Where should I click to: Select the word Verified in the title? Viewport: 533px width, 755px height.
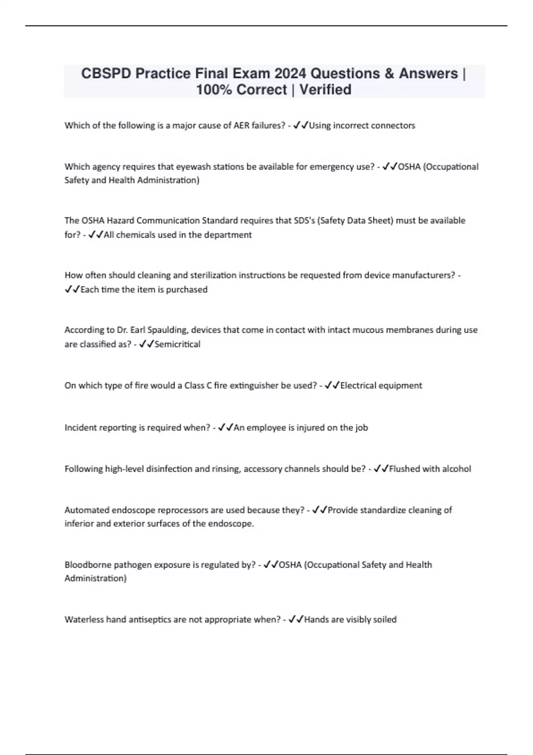[x=325, y=90]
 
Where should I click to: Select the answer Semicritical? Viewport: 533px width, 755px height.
[x=177, y=344]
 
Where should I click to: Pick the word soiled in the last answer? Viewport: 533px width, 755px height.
[x=384, y=620]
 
